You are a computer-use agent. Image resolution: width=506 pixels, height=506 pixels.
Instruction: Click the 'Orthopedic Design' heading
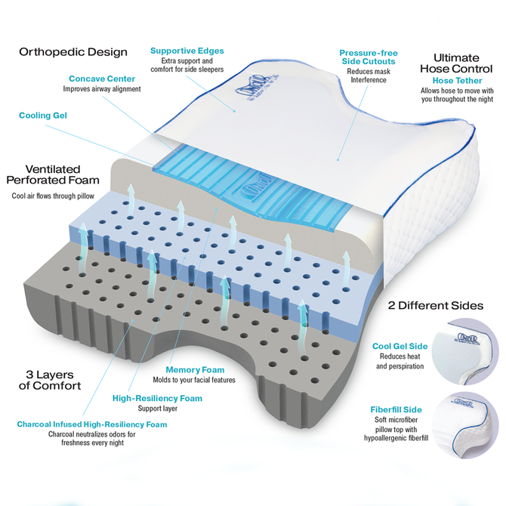point(73,52)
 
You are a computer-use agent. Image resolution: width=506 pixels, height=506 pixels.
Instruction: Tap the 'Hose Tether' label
point(452,80)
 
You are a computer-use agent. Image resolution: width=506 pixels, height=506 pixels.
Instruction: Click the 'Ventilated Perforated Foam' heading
point(54,174)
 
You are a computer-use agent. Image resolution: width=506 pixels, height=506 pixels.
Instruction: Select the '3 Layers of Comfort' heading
point(50,380)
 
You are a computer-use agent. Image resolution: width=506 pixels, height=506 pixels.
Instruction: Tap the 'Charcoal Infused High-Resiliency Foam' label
point(92,424)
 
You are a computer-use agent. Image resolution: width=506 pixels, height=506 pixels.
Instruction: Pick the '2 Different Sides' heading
point(436,307)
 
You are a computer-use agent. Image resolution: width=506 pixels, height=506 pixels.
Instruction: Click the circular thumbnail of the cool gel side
point(472,355)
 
